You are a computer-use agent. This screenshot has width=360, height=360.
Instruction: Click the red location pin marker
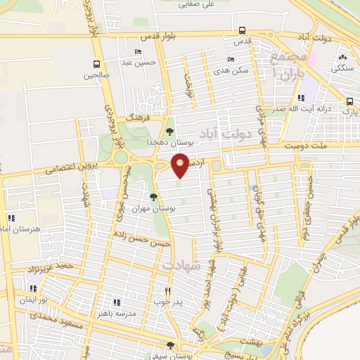pyautogui.click(x=181, y=164)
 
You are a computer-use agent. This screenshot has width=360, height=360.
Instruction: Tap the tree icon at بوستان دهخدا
pyautogui.click(x=169, y=131)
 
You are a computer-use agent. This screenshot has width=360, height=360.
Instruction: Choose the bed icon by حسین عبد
pyautogui.click(x=137, y=51)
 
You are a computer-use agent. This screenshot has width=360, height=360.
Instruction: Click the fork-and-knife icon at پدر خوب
pyautogui.click(x=167, y=292)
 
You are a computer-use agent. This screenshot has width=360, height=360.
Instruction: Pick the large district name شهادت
pyautogui.click(x=181, y=266)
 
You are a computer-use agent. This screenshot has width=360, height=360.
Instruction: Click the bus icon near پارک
pyautogui.click(x=349, y=100)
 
